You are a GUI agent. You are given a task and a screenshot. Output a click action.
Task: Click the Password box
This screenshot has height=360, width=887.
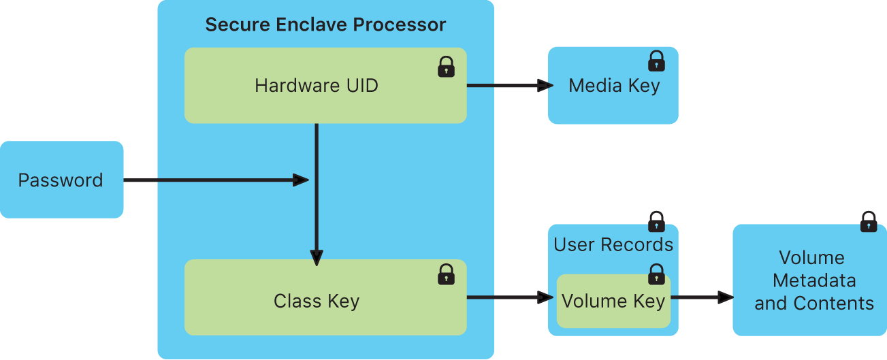61,180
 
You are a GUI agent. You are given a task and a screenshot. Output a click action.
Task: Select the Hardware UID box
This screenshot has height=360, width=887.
317,86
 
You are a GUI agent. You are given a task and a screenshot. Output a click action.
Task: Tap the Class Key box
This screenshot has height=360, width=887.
317,301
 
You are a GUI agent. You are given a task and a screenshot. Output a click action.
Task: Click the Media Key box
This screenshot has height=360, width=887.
613,86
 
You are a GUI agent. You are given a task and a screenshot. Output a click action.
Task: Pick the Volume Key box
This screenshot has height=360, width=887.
613,301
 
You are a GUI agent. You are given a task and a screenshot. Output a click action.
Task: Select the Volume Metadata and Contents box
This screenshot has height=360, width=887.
810,280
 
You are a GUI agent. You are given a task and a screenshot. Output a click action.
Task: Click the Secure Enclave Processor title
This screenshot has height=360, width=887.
325,26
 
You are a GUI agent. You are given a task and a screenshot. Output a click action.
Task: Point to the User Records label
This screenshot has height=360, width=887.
613,245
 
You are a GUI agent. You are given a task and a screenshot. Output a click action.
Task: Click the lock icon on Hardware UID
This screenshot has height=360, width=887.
446,67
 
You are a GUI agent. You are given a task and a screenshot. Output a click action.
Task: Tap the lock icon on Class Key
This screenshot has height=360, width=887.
446,274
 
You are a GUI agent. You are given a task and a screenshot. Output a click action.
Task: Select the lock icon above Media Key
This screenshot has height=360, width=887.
656,61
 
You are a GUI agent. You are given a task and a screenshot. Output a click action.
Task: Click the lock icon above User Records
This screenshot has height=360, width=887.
656,222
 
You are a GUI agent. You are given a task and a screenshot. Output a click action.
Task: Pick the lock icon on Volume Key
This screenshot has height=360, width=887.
656,274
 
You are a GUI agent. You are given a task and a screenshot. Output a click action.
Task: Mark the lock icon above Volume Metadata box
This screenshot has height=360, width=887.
868,222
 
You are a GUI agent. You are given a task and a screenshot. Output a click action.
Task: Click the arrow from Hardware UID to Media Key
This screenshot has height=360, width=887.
507,86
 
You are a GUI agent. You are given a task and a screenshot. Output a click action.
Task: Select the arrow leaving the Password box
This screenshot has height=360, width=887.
214,180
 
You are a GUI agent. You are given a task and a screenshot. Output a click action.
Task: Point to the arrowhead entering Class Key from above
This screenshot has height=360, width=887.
317,258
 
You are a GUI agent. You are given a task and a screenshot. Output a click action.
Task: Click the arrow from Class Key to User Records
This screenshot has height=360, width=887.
507,297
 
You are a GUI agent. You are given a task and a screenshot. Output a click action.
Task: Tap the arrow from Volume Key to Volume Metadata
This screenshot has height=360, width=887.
702,297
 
